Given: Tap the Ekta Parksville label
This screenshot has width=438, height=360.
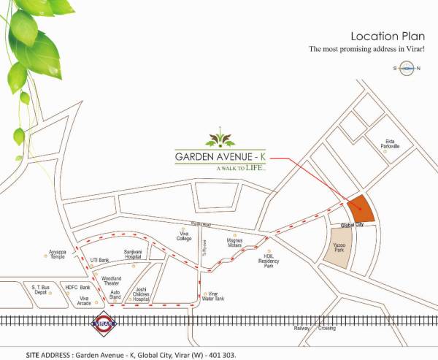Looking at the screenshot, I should pos(393,144).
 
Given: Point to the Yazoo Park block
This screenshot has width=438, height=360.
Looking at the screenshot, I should pos(338,248).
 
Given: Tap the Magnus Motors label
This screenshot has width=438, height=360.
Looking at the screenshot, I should pos(234,242).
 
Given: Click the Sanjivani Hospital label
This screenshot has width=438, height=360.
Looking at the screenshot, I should pos(133,254).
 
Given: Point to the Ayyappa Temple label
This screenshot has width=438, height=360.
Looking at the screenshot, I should pos(58,253).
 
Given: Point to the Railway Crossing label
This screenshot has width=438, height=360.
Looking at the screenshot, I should pos(315,329).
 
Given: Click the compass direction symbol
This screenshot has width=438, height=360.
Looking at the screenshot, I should pos(406,68).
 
